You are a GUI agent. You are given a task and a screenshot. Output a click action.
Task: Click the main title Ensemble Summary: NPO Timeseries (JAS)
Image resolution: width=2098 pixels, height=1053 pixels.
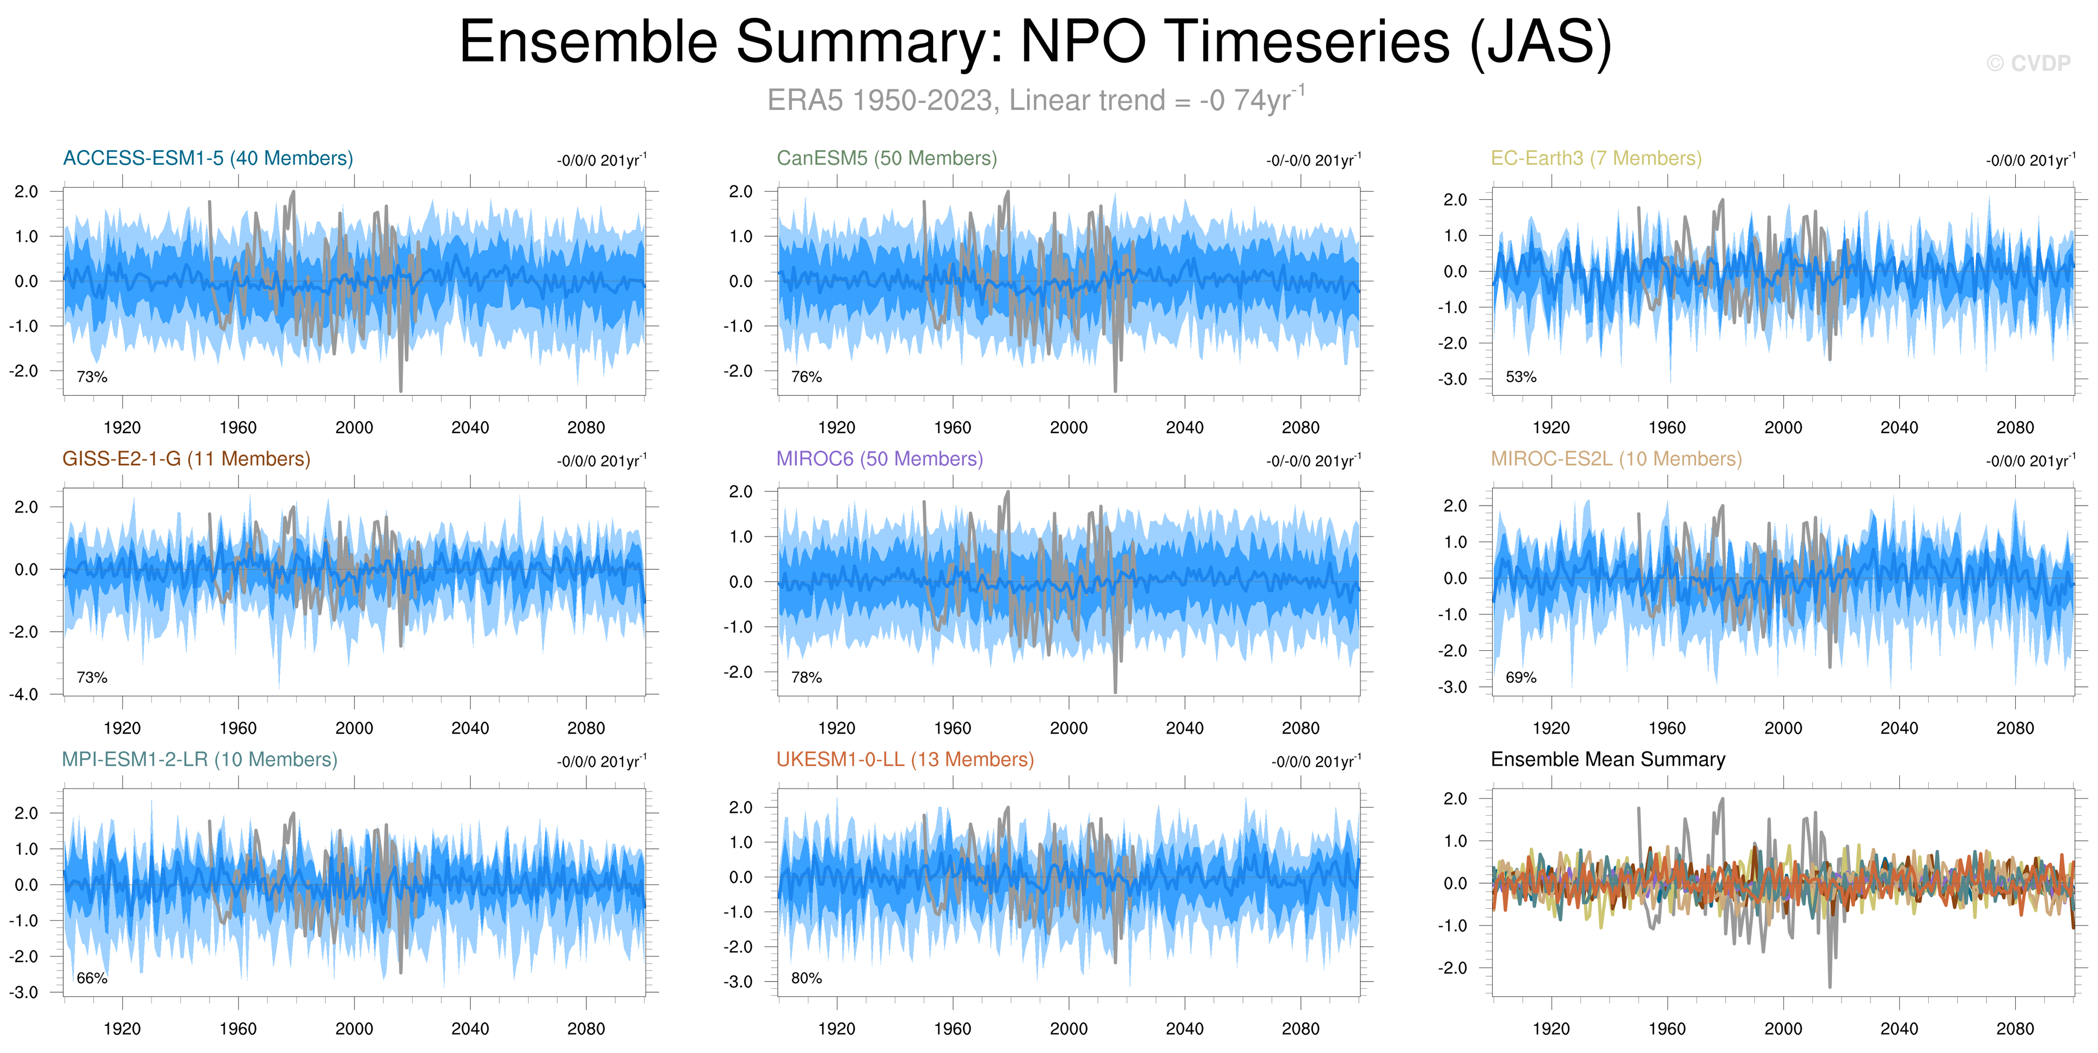1035,42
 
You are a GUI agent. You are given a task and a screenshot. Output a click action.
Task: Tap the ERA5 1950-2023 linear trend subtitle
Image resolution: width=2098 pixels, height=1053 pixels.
1036,100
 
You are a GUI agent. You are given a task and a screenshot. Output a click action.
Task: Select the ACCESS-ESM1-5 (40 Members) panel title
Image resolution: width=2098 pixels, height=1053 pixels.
208,158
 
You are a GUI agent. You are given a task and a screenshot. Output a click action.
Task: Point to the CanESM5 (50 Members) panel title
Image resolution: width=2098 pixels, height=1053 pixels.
887,158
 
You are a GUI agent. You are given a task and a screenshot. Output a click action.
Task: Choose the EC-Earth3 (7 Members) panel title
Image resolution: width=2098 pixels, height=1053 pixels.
1596,158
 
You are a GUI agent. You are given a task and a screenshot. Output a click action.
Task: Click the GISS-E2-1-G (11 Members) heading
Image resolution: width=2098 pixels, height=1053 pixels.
187,459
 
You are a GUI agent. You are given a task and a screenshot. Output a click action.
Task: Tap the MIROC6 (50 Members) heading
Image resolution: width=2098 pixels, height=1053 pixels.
880,459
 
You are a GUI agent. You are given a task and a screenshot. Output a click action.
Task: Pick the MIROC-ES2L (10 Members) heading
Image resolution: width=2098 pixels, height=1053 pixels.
1617,459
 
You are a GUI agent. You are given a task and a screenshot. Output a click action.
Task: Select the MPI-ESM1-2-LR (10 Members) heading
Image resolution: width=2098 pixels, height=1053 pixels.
200,759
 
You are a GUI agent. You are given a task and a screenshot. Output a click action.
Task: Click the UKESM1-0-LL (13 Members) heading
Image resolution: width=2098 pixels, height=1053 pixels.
905,759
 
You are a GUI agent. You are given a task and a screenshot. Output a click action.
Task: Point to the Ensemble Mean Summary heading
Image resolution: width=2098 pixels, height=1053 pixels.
1608,759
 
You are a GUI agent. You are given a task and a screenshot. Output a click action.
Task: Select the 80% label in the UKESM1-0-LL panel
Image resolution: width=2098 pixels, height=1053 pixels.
806,978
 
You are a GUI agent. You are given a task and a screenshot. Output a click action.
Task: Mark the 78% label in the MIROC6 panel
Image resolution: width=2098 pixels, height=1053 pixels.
806,678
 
